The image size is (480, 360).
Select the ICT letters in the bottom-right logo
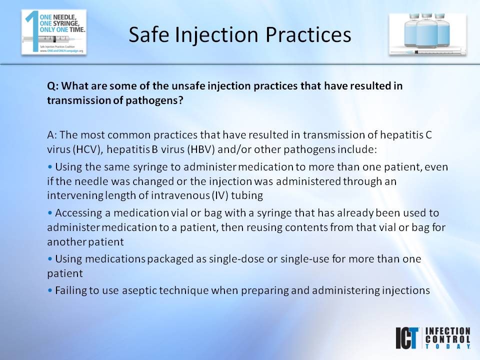[x=407, y=338]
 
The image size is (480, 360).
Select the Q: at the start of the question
[x=53, y=86]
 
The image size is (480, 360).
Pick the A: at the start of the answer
[x=53, y=134]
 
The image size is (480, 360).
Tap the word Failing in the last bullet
[x=70, y=290]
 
